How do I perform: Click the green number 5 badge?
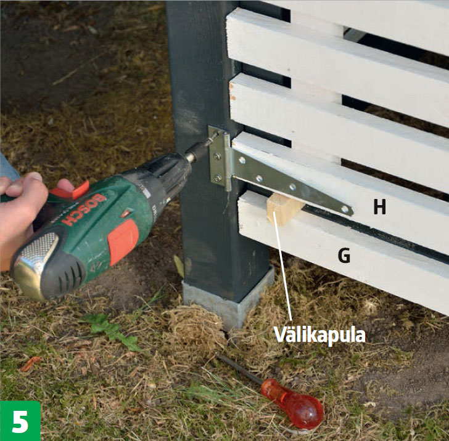pos(20,421)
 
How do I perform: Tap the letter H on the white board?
pos(380,207)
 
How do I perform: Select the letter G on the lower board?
pos(344,256)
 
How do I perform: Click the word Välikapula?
pos(319,334)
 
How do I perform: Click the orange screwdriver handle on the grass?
pos(293,403)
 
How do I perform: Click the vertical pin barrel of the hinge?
pos(227,162)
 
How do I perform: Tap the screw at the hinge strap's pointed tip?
pos(345,209)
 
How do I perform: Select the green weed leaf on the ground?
pos(112,330)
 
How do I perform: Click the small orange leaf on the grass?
pos(30,363)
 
